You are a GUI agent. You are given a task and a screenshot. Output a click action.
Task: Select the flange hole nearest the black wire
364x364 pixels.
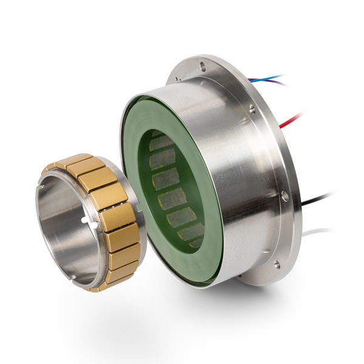point(285,196)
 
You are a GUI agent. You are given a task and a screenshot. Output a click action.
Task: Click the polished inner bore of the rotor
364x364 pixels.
point(61,231)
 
